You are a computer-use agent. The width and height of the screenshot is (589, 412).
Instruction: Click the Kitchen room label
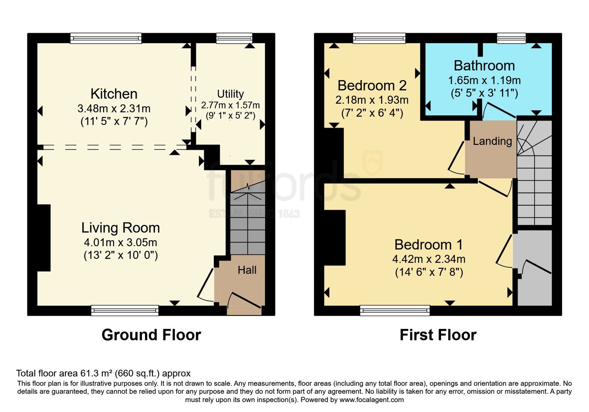click(114, 94)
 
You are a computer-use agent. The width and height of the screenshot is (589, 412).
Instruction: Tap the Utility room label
click(230, 94)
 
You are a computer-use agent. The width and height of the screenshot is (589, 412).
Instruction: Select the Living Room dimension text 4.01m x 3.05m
click(120, 242)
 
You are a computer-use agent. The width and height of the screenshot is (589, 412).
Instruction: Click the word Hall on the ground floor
click(247, 270)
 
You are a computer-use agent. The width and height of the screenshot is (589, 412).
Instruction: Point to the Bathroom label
click(484, 65)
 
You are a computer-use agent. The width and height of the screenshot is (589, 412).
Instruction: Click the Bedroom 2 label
click(372, 85)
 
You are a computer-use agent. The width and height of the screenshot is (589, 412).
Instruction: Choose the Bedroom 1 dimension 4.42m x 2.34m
click(428, 259)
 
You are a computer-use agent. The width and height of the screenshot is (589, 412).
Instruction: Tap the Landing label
click(492, 141)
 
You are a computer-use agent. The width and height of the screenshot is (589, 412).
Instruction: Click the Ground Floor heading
click(151, 335)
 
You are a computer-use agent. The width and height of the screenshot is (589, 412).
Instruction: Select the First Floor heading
click(438, 335)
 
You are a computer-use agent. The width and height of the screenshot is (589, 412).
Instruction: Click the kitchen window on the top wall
click(106, 38)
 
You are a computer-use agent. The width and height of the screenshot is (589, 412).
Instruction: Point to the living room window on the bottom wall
click(125, 310)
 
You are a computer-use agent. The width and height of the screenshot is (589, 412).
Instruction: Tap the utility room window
click(234, 38)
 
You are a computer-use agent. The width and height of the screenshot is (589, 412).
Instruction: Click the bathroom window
click(511, 38)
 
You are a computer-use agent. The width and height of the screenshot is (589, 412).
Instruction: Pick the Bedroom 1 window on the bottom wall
click(395, 310)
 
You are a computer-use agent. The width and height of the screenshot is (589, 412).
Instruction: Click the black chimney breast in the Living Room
click(44, 238)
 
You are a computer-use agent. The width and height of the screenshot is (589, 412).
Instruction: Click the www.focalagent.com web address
click(371, 400)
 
